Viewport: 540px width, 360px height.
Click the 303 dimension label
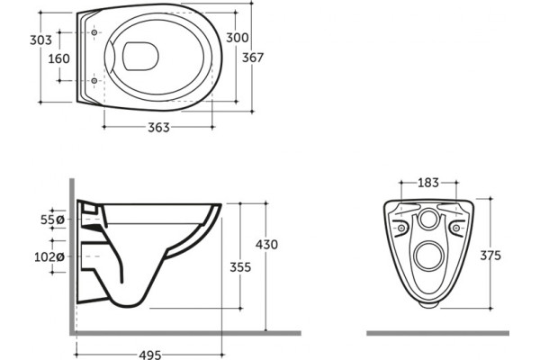[x=40, y=40]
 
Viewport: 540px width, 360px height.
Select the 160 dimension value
[x=58, y=58]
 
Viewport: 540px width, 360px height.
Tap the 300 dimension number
[x=237, y=38]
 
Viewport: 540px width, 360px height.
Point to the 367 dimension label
[x=252, y=58]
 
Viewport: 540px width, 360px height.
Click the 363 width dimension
[x=158, y=128]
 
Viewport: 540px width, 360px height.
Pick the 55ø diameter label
[x=52, y=220]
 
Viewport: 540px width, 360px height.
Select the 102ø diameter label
[x=49, y=256]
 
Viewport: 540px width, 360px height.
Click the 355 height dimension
[x=240, y=267]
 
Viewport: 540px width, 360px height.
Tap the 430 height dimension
[x=266, y=245]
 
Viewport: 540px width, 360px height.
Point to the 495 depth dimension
[x=150, y=355]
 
